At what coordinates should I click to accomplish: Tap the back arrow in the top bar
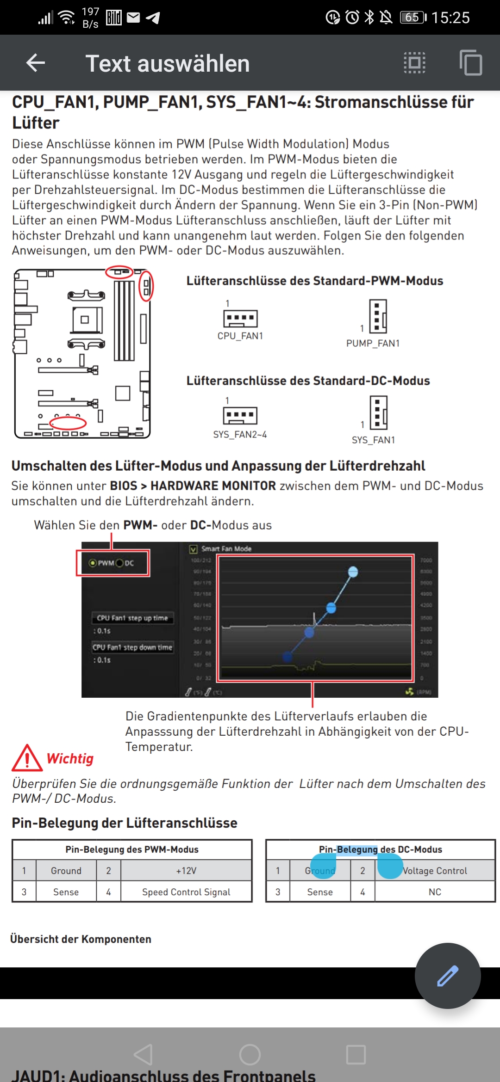click(x=36, y=63)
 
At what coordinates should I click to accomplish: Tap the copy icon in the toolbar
click(x=471, y=62)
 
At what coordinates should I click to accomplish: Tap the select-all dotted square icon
click(x=414, y=62)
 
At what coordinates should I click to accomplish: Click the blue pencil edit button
click(x=447, y=975)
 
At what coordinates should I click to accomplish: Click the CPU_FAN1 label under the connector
click(x=240, y=336)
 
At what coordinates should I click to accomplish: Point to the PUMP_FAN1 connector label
click(x=373, y=344)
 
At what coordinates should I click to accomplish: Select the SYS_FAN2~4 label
click(x=240, y=435)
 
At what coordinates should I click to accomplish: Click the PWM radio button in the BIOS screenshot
click(x=93, y=563)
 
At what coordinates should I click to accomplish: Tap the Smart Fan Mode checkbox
click(x=194, y=549)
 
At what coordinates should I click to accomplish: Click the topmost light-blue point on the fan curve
click(x=353, y=572)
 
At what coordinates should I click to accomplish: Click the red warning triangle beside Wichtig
click(x=27, y=758)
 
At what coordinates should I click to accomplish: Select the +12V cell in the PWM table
click(x=186, y=871)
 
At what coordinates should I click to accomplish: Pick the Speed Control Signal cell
click(x=186, y=892)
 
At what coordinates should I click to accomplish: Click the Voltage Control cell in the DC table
click(x=435, y=871)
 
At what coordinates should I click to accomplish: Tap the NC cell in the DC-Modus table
click(x=435, y=892)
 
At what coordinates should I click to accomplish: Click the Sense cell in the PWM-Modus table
click(x=66, y=892)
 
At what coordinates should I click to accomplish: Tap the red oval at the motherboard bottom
click(x=68, y=423)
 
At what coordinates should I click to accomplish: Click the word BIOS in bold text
click(x=123, y=486)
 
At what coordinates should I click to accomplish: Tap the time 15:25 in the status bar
click(x=450, y=18)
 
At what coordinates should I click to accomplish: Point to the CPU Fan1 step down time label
click(x=132, y=647)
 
